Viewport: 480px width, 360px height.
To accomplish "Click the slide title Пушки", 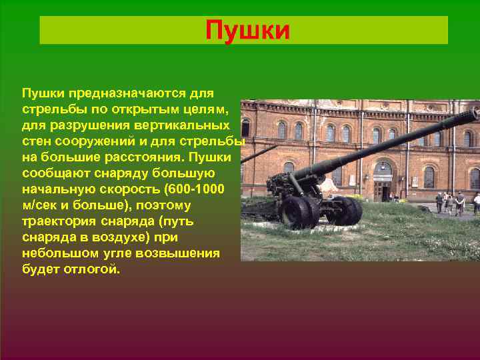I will (x=247, y=31).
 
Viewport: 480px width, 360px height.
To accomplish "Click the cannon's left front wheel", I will (x=296, y=211).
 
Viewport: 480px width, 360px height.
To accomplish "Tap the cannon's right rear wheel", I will (x=345, y=209).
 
